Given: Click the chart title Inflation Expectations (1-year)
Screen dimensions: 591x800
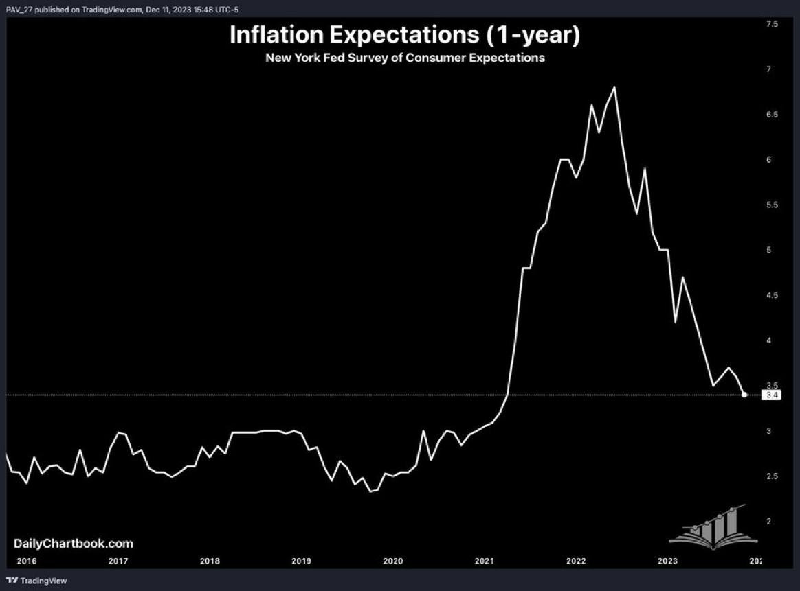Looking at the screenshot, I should point(405,35).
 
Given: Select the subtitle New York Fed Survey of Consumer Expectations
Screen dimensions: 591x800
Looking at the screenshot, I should point(405,58).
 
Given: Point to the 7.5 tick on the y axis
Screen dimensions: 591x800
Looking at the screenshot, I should point(772,24).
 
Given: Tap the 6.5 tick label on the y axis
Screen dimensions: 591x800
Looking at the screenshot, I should point(772,115).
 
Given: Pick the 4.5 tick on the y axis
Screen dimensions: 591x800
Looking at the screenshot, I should point(772,295).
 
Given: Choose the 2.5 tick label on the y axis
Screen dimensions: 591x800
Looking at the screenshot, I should point(772,476).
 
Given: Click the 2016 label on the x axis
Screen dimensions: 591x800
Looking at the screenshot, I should point(26,561).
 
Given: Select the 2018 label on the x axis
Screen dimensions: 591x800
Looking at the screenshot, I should point(210,561).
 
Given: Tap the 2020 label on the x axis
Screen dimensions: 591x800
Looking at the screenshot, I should point(392,561).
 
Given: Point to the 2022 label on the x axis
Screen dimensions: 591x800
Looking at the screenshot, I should point(576,561).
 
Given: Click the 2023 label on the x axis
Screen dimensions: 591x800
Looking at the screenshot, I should point(667,561).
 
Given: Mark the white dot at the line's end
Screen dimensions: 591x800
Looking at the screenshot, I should point(745,395).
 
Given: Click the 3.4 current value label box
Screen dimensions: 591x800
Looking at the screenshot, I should point(772,395).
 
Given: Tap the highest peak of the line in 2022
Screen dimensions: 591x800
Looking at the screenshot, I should point(614,87).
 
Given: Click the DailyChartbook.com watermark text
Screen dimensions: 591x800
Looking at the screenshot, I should point(74,544).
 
